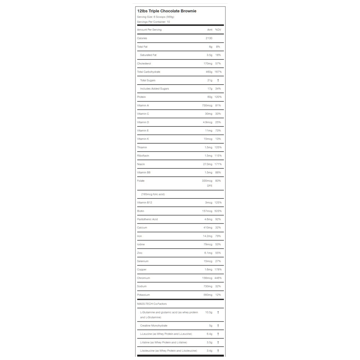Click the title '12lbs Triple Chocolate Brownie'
[x=167, y=11]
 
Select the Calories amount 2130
[x=209, y=38]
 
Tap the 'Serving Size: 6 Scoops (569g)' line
[x=156, y=17]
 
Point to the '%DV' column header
[x=218, y=30]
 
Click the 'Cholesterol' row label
[x=144, y=63]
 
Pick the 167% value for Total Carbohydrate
[x=218, y=72]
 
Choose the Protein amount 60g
[x=210, y=97]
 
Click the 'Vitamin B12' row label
[x=145, y=202]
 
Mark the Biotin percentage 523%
[x=218, y=211]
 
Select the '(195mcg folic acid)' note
[x=153, y=194]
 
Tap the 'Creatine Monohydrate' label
[x=154, y=325]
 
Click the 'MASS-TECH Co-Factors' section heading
[x=152, y=304]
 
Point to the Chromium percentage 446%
[x=218, y=278]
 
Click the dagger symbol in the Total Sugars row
[x=218, y=80]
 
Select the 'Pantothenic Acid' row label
[x=147, y=219]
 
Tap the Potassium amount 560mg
[x=208, y=295]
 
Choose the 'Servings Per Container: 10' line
[x=153, y=22]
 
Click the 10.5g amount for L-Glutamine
[x=209, y=312]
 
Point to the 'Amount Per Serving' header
[x=149, y=30]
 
